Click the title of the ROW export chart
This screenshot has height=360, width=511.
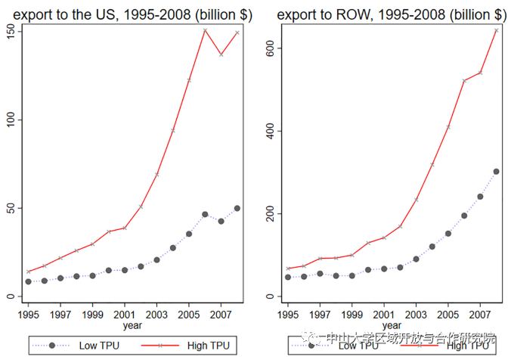click(x=390, y=14)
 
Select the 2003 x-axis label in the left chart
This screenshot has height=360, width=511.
click(x=156, y=312)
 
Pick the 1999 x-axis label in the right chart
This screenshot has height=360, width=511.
click(x=352, y=312)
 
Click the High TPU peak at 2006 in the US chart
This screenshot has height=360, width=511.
click(x=205, y=29)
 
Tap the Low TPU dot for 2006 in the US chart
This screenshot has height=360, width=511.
click(x=205, y=214)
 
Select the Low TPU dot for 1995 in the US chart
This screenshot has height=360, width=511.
click(x=28, y=281)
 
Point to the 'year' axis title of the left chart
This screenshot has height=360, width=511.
click(x=133, y=325)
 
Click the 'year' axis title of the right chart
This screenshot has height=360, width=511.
click(x=392, y=325)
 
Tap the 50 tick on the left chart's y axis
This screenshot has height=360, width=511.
click(x=8, y=208)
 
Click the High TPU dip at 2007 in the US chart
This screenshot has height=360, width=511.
click(x=221, y=54)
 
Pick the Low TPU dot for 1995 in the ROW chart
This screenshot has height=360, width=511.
click(x=287, y=278)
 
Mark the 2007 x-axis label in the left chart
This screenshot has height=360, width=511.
click(x=221, y=312)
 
